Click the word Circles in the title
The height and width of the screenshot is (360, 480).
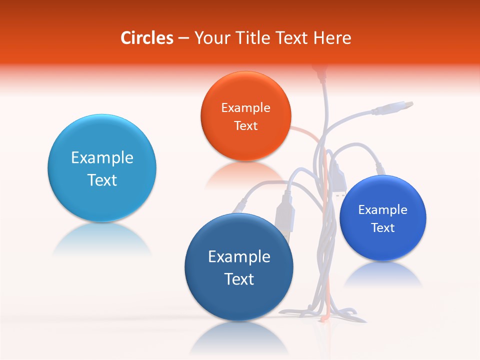[146, 38]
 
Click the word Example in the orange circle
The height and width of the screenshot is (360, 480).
[245, 107]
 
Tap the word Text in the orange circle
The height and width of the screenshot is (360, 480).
[245, 125]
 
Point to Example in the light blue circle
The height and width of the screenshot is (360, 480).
[102, 157]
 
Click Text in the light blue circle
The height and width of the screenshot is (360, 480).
[102, 180]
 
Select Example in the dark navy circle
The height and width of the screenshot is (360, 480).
[239, 256]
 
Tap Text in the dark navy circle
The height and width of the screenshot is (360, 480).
[239, 279]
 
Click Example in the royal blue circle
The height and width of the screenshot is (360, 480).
[382, 209]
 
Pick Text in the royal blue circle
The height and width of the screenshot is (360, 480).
[382, 227]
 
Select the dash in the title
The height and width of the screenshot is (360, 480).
[183, 38]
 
